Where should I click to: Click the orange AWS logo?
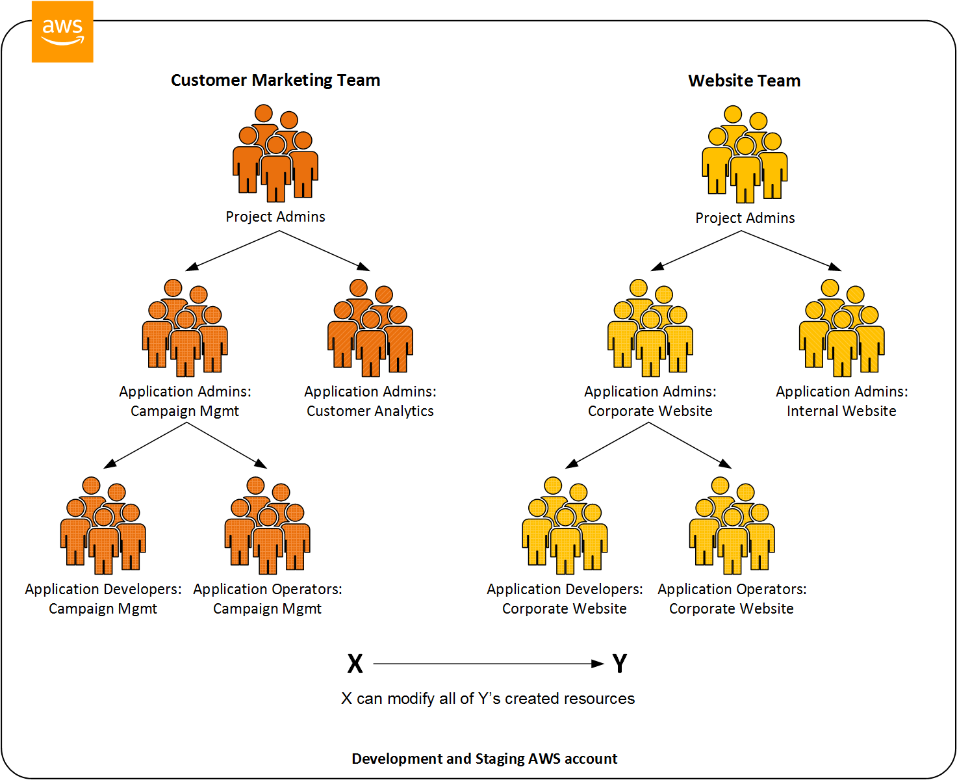coord(62,32)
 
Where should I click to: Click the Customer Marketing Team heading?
coord(275,80)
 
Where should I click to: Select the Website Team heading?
coord(744,81)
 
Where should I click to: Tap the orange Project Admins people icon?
coord(275,153)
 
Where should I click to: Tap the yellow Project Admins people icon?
coord(745,155)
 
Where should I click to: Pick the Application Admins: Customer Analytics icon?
coord(370,328)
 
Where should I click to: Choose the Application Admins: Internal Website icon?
coord(841,328)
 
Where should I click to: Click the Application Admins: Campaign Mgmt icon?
coord(185,328)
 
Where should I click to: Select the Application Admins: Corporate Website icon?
coord(650,328)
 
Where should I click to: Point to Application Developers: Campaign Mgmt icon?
coord(103,526)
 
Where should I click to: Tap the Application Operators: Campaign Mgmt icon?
coord(267,526)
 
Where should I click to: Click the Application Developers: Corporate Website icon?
coord(565,526)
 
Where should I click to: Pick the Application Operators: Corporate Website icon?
coord(732,526)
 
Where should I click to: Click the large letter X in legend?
coord(355,664)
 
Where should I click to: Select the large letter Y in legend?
coord(619,664)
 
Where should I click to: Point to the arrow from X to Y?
coord(487,664)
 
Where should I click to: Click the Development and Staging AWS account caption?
coord(484,759)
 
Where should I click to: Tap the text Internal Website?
coord(841,411)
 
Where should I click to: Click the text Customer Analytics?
coord(370,411)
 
